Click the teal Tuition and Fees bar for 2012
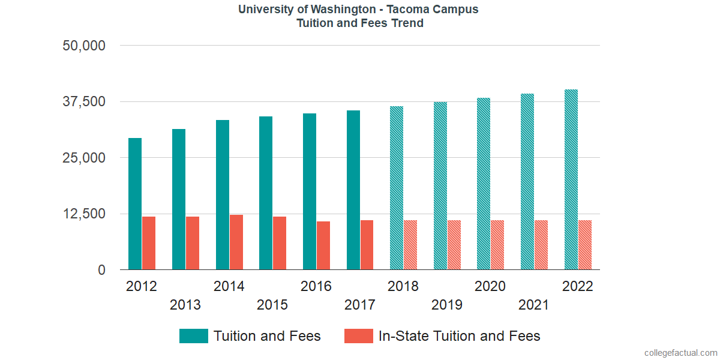point(135,204)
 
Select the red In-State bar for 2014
point(236,242)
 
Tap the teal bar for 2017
point(353,190)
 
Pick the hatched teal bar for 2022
point(571,180)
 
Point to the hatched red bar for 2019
point(454,245)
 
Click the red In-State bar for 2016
point(323,245)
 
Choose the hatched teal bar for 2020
point(484,184)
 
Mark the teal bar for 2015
point(266,193)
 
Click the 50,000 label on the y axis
point(84,46)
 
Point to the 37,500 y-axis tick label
point(84,101)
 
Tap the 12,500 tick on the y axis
point(84,214)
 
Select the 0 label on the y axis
point(102,271)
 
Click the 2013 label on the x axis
point(185,305)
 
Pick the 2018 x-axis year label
point(403,286)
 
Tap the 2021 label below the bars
point(534,305)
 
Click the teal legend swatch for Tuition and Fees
point(193,336)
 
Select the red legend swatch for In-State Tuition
point(359,336)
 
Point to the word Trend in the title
point(407,23)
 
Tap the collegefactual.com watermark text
point(680,352)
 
